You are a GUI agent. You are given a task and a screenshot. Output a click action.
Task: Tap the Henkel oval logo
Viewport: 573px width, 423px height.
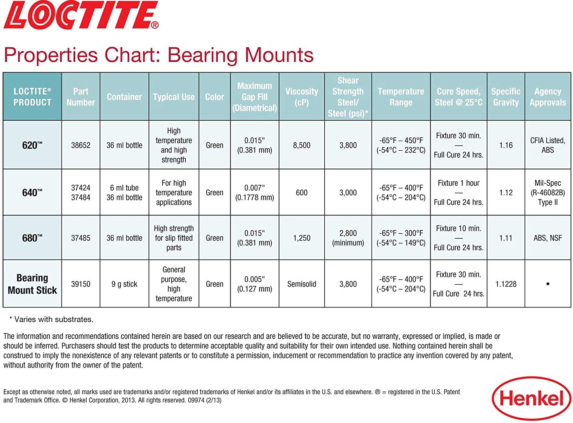(x=531, y=399)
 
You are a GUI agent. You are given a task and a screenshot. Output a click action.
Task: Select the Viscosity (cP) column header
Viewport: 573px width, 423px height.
(x=301, y=97)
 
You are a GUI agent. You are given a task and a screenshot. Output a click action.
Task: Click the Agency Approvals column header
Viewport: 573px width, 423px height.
(x=547, y=97)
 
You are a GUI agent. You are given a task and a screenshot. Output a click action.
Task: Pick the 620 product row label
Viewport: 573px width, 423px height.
(x=32, y=145)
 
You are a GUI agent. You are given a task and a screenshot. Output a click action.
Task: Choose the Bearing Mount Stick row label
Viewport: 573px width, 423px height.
(x=32, y=284)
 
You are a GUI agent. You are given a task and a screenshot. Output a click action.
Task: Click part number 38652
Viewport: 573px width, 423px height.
(x=81, y=145)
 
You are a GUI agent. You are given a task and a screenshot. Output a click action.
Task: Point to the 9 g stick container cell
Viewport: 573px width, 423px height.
(x=124, y=284)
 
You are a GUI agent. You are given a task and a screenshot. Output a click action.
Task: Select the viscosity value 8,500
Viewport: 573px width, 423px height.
(x=301, y=145)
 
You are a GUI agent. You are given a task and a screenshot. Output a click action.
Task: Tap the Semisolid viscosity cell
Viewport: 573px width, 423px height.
(x=301, y=284)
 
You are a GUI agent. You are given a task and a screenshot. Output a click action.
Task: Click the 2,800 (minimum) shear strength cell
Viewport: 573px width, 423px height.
(x=348, y=238)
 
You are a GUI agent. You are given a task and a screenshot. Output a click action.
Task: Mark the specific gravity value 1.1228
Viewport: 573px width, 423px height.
(x=506, y=284)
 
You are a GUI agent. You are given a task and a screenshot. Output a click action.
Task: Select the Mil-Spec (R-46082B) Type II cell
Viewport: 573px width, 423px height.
(x=547, y=193)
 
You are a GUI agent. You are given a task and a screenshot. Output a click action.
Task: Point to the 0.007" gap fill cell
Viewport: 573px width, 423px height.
(x=254, y=193)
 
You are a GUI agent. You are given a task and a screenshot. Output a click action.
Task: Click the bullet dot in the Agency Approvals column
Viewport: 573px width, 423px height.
(x=548, y=284)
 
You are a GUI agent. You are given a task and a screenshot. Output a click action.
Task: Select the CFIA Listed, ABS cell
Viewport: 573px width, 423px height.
(x=547, y=145)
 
